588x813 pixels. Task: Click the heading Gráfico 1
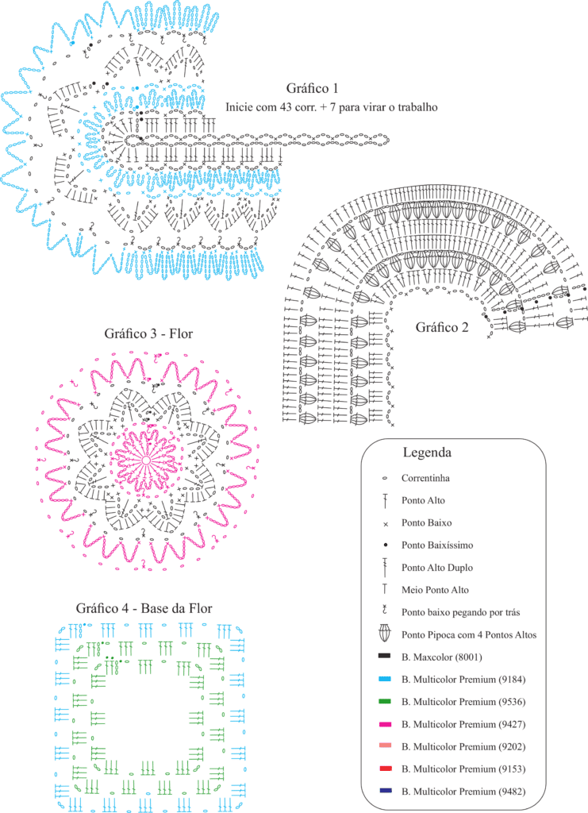pos(312,88)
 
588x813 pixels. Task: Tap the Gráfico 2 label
pos(442,327)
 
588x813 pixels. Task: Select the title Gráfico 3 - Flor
pos(148,333)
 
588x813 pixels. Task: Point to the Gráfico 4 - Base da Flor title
pos(144,608)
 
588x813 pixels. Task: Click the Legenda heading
pos(427,453)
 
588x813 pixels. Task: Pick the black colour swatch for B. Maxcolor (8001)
pos(384,657)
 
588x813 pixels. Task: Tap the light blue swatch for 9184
pos(384,679)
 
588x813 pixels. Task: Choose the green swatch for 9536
pos(384,702)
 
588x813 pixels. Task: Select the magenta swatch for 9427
pos(384,724)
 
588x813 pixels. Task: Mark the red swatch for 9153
pos(384,769)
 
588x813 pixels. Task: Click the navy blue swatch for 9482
pos(384,791)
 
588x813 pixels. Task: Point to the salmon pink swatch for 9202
pos(384,746)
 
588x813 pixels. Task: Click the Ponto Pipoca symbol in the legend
pos(385,634)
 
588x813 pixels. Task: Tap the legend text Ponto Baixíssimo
pos(436,545)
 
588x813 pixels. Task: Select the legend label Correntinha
pos(425,478)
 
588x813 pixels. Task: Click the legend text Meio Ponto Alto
pos(435,590)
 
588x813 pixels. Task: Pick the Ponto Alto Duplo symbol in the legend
pos(385,567)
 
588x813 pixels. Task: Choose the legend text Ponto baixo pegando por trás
pos(460,612)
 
